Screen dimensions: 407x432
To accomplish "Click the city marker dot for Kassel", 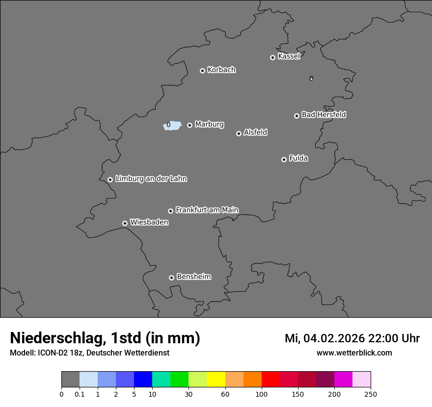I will (x=272, y=57).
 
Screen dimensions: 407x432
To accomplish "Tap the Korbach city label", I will (x=221, y=70).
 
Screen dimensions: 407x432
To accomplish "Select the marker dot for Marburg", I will (x=189, y=125).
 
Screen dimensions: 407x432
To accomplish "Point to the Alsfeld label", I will (x=255, y=132).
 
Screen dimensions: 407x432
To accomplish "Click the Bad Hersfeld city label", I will (x=324, y=115).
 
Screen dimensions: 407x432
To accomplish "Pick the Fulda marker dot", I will (x=284, y=159).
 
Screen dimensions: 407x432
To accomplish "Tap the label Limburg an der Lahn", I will (x=151, y=178).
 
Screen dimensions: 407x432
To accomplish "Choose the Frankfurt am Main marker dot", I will (x=170, y=211).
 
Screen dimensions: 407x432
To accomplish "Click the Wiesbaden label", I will (x=149, y=223).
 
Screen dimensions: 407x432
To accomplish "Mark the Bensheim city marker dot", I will (x=171, y=278).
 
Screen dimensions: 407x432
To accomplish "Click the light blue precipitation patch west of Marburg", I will (x=173, y=126).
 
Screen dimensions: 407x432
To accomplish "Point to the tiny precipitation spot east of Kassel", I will (x=311, y=78).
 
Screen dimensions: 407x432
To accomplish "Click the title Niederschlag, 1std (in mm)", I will (x=105, y=338).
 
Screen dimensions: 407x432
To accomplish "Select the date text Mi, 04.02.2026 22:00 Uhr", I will (x=352, y=338).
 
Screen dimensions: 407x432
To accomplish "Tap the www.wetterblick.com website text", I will (x=354, y=353).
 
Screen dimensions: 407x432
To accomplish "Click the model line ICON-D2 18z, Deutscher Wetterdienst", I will (x=89, y=353).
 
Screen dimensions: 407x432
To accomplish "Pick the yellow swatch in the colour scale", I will (x=216, y=380).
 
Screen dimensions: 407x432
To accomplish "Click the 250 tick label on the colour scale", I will (x=371, y=394).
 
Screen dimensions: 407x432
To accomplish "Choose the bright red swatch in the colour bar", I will (x=270, y=380).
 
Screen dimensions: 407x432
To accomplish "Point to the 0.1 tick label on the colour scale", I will (x=80, y=394).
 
